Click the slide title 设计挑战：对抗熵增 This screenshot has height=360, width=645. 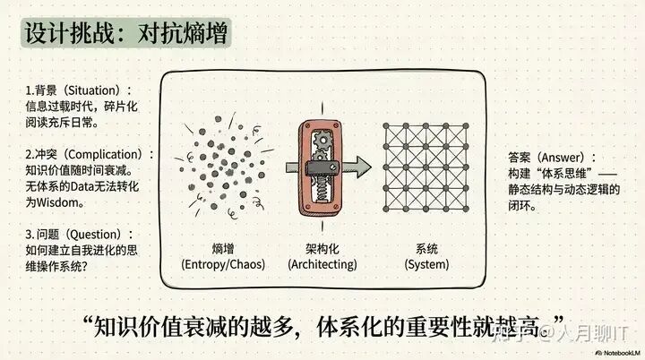pyautogui.click(x=127, y=34)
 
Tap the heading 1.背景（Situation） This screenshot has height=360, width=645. pyautogui.click(x=79, y=91)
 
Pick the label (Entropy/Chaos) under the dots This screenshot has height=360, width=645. pyautogui.click(x=217, y=264)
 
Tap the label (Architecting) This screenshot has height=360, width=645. pyautogui.click(x=322, y=264)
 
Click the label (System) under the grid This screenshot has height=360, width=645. pyautogui.click(x=426, y=264)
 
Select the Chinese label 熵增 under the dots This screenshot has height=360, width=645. pyautogui.click(x=217, y=248)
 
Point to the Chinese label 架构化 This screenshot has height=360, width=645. pyautogui.click(x=322, y=248)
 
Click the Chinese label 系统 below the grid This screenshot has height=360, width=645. pyautogui.click(x=426, y=248)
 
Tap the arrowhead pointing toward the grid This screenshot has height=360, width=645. pyautogui.click(x=359, y=166)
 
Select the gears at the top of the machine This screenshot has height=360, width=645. pyautogui.click(x=322, y=133)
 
